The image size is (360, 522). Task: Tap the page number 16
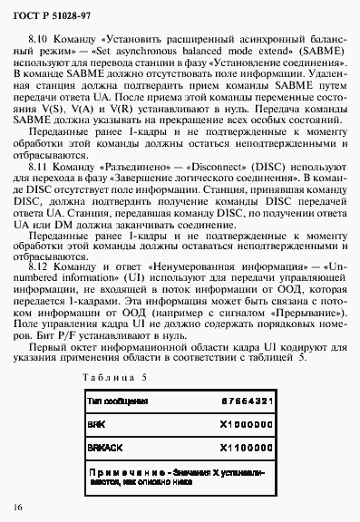pos(19,504)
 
